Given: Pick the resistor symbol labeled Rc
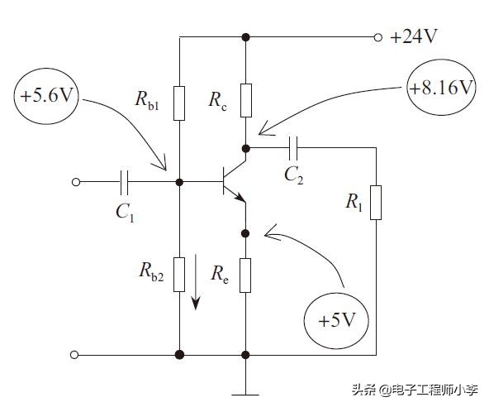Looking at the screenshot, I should tap(245, 98).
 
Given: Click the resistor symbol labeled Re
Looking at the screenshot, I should tap(245, 275).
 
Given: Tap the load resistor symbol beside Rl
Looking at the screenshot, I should tap(376, 203).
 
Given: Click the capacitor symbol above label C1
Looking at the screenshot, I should tap(125, 180).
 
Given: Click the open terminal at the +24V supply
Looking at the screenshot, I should tap(378, 37).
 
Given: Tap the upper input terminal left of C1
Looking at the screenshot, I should tap(75, 180).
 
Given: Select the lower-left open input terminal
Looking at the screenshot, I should tap(75, 355).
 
